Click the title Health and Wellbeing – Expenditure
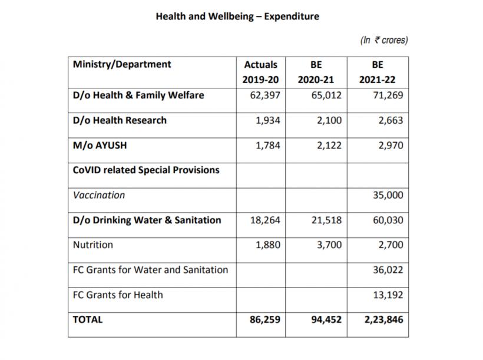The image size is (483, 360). click(237, 16)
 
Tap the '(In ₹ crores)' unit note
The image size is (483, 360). click(384, 40)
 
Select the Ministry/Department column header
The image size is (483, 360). click(122, 64)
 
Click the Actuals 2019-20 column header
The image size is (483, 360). click(260, 72)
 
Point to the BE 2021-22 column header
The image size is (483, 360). click(378, 72)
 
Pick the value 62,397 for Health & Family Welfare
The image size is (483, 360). click(265, 95)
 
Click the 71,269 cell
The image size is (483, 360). click(388, 95)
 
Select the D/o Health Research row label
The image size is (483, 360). click(120, 120)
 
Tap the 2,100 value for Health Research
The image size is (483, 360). click(329, 120)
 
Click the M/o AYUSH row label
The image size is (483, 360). click(100, 145)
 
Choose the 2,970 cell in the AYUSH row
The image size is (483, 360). click(391, 145)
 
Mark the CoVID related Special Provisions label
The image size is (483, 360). click(146, 170)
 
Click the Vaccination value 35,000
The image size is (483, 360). click(388, 195)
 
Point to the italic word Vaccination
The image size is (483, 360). click(99, 195)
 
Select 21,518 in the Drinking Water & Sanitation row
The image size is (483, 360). click(326, 220)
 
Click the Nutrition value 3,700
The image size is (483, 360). click(329, 245)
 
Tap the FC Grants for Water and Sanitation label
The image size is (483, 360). click(151, 270)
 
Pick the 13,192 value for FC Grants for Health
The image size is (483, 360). click(388, 295)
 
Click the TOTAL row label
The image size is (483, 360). click(88, 319)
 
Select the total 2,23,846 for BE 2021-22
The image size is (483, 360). click(384, 319)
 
